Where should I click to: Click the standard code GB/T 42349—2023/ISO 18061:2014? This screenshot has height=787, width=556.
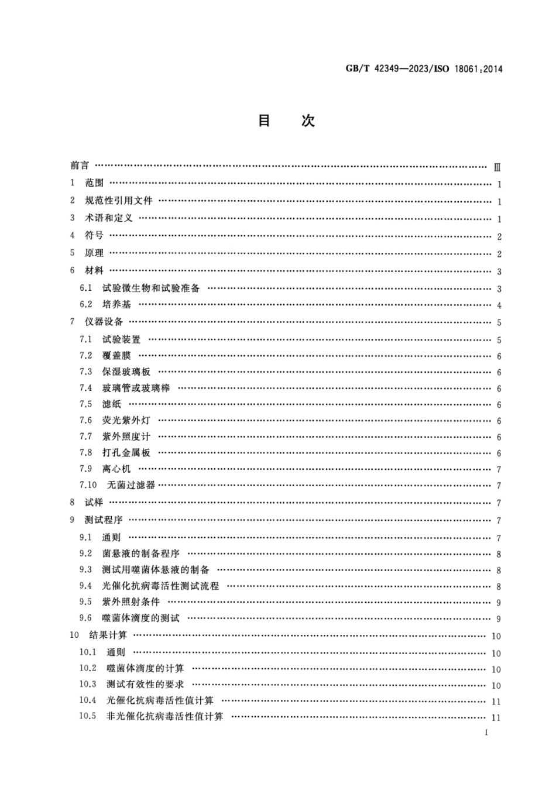(x=424, y=69)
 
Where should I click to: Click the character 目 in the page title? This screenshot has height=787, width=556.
(x=265, y=121)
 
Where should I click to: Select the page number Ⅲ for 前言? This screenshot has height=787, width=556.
(x=497, y=167)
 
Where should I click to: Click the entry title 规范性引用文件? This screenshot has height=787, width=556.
(x=119, y=201)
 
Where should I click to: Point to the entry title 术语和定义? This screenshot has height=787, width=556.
(x=109, y=218)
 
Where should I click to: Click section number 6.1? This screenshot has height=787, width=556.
(x=86, y=288)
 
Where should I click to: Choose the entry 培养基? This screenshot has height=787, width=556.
(x=117, y=304)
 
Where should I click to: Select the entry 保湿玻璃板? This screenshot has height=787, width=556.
(x=126, y=372)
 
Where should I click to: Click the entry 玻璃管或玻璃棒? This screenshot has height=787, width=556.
(x=136, y=388)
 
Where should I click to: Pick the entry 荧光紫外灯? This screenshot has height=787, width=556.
(x=126, y=420)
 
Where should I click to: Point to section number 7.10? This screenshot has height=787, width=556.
(x=88, y=484)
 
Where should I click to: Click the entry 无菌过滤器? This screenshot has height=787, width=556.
(x=131, y=484)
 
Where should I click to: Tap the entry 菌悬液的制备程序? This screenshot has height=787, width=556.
(x=141, y=553)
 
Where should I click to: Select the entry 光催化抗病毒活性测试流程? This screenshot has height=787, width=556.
(x=160, y=586)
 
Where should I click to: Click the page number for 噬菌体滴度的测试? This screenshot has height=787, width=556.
(x=499, y=619)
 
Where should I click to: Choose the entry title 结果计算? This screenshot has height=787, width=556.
(x=108, y=635)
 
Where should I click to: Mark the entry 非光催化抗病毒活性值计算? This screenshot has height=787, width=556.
(x=164, y=716)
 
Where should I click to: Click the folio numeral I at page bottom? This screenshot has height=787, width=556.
(x=486, y=733)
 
